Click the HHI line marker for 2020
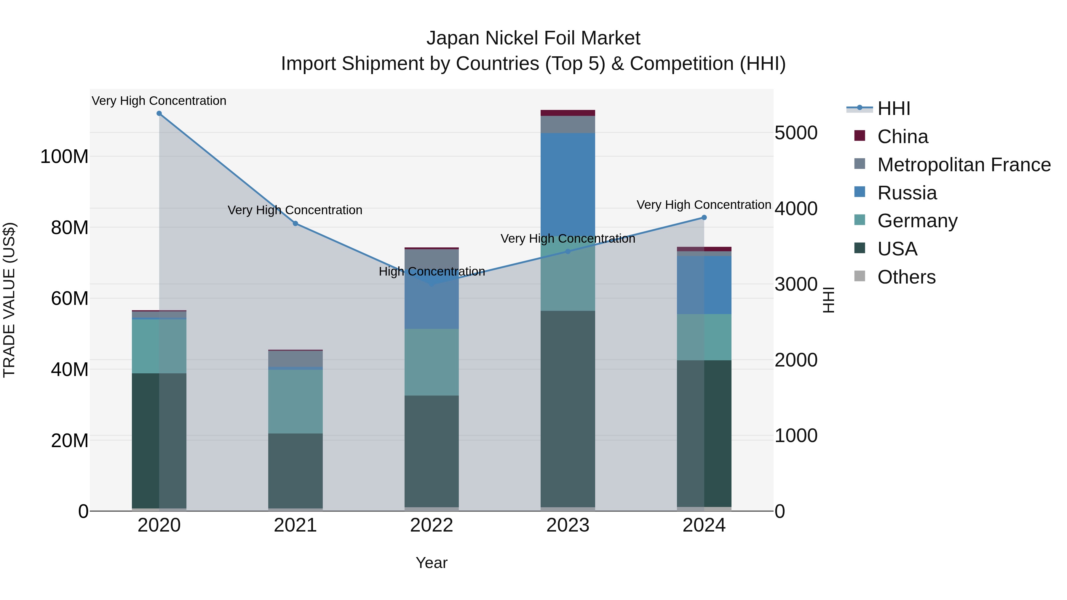159,113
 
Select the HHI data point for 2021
295,224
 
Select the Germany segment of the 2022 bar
432,362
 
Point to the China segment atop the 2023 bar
568,113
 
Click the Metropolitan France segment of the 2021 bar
295,359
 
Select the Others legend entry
906,277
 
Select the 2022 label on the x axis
432,525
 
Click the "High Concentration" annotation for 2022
432,272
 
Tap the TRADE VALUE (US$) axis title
9,300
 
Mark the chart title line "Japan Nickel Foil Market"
533,38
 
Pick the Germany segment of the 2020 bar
159,346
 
